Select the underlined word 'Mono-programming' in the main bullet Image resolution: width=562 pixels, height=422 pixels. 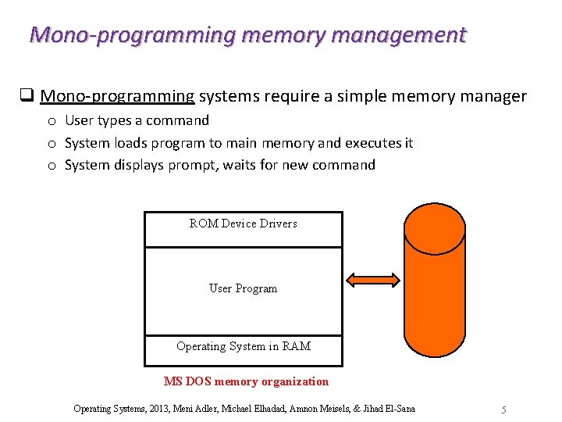tap(117, 96)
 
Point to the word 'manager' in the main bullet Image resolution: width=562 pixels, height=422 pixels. tap(495, 96)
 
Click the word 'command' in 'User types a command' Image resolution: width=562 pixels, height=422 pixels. tap(183, 120)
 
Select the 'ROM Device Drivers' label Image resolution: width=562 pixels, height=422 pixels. tap(243, 224)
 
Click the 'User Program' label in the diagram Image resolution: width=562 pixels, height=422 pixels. tap(243, 288)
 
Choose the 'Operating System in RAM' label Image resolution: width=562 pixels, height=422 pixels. tap(243, 346)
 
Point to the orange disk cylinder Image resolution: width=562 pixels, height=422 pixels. tap(436, 281)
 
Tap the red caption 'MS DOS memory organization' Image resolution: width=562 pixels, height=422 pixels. tap(246, 381)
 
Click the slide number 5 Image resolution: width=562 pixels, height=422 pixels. tap(504, 409)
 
